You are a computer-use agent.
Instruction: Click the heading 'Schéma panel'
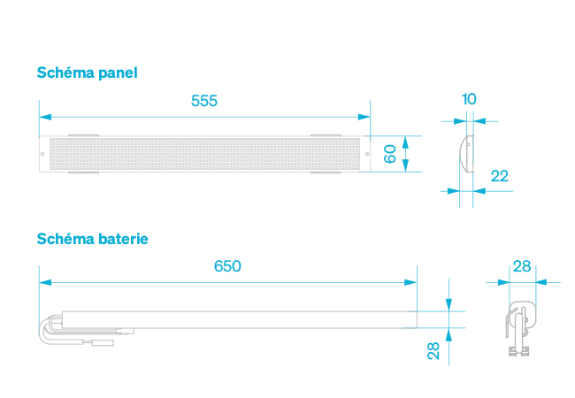[x=87, y=73]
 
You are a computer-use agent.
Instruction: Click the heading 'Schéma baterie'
[x=92, y=239]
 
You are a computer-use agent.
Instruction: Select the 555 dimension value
[x=204, y=101]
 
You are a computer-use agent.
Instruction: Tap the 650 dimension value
[x=227, y=266]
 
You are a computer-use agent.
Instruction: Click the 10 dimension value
[x=469, y=99]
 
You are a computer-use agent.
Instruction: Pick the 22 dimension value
[x=500, y=176]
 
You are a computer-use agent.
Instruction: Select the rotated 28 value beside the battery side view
[x=433, y=350]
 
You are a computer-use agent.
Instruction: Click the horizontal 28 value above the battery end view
[x=522, y=266]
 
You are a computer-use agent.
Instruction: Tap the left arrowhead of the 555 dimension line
[x=44, y=116]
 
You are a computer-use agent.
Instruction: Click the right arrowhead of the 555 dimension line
[x=364, y=116]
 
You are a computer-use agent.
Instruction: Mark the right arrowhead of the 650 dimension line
[x=411, y=282]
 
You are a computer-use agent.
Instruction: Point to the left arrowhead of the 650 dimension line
[x=44, y=282]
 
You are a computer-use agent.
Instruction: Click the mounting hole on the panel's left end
[x=44, y=155]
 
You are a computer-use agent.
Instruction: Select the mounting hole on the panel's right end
[x=364, y=155]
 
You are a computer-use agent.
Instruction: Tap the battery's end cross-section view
[x=520, y=323]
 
